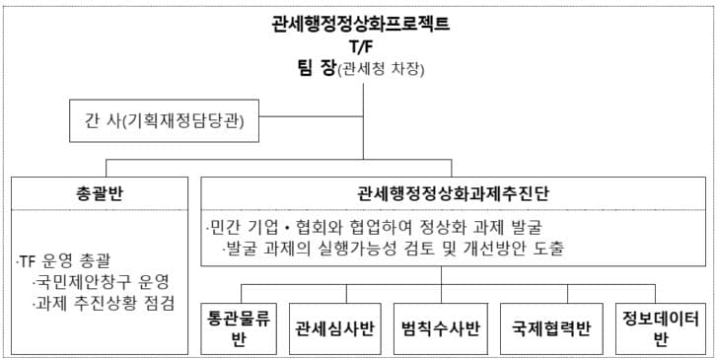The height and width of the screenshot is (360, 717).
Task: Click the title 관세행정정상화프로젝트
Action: coord(360,25)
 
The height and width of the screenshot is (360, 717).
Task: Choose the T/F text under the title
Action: coord(360,46)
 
